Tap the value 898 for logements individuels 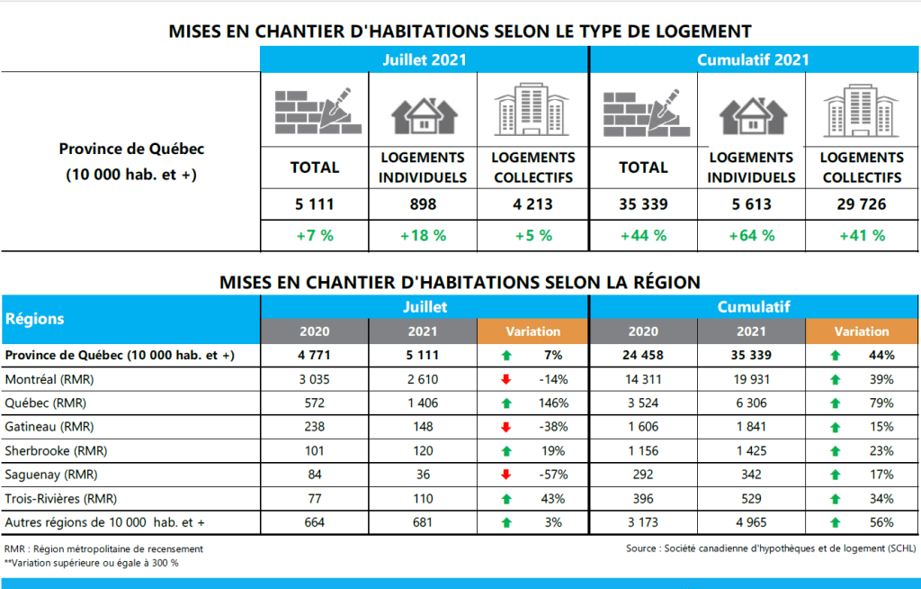tap(423, 204)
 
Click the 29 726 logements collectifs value tap(861, 204)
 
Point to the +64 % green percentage tap(752, 236)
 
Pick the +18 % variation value tap(423, 236)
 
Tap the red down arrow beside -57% tap(506, 475)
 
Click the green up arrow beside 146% tap(506, 403)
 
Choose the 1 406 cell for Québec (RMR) tap(423, 403)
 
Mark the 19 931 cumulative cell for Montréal tap(752, 379)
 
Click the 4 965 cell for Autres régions tap(752, 521)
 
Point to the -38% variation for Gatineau tap(549, 427)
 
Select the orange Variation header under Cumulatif tap(861, 331)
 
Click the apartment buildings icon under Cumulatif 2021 tap(861, 111)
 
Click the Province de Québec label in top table tap(130, 150)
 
